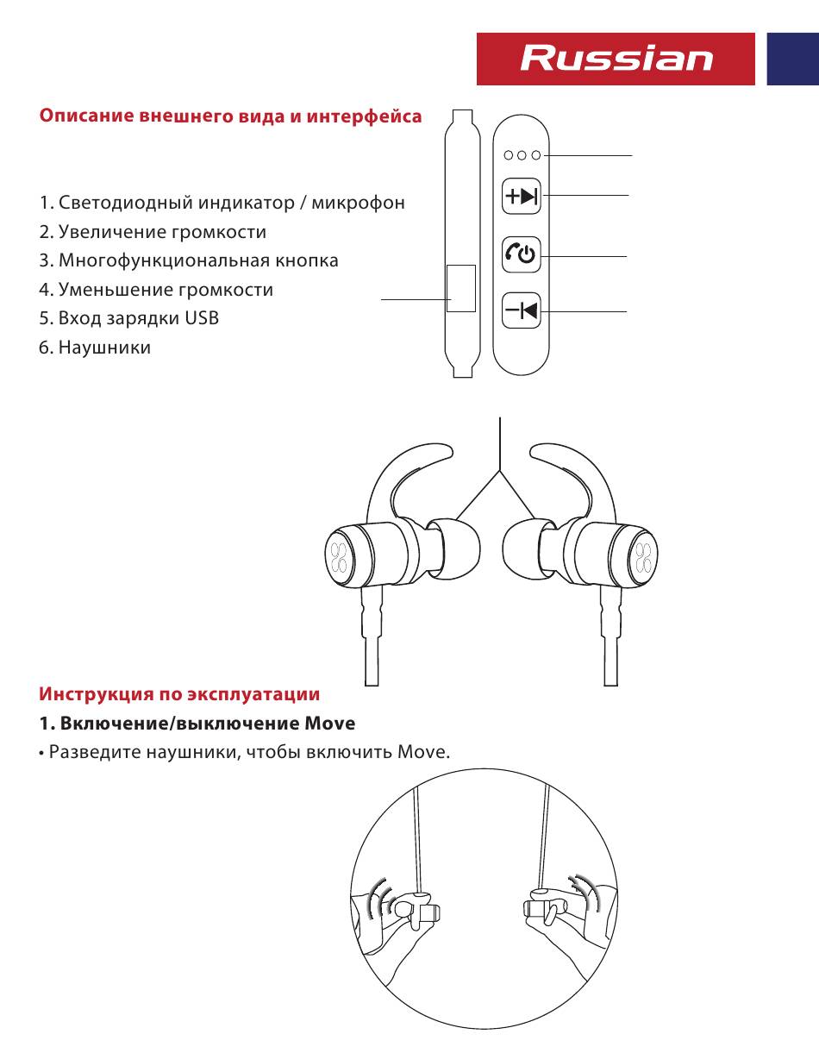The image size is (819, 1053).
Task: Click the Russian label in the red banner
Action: (616, 59)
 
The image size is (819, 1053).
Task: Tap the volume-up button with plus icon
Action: (521, 197)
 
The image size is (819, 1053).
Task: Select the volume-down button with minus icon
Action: (521, 310)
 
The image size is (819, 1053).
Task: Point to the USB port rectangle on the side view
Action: (461, 288)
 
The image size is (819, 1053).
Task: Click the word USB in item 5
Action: (202, 318)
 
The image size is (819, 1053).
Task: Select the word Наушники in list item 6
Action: (104, 348)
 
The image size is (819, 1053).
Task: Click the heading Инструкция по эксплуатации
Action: (179, 694)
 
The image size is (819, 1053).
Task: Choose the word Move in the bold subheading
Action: (330, 723)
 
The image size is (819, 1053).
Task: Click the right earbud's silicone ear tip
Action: (525, 551)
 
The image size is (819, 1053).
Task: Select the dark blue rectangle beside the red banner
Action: (792, 59)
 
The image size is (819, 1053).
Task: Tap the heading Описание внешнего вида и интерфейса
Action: (230, 116)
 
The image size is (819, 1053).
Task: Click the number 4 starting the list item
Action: (43, 290)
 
